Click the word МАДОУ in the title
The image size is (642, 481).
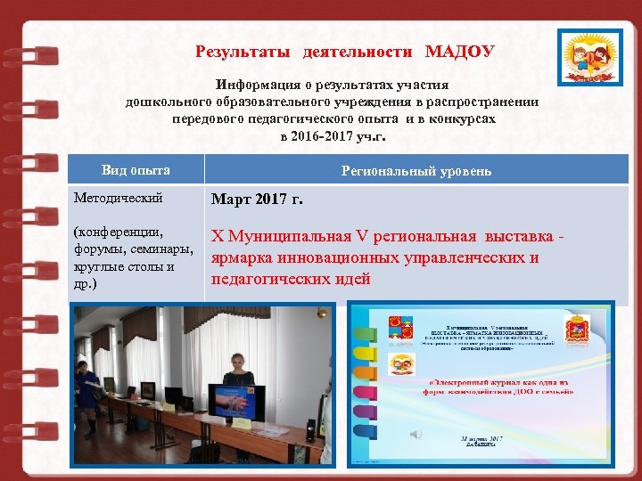pos(460,51)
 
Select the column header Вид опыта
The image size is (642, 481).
pos(136,170)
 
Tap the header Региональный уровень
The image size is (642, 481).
pos(416,171)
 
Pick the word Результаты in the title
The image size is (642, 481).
pos(243,51)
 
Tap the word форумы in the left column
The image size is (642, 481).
pos(97,250)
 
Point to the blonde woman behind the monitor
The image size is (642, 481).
pos(238,352)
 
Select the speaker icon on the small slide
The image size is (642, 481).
pos(415,431)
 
